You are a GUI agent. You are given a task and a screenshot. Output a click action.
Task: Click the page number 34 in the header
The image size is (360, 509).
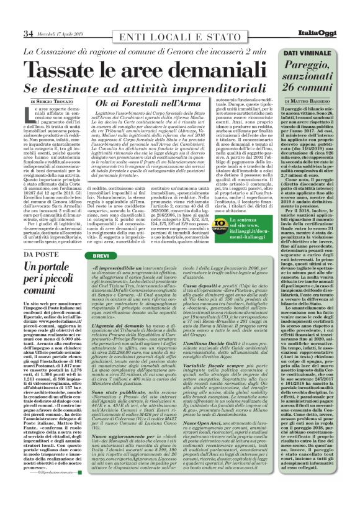28,33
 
